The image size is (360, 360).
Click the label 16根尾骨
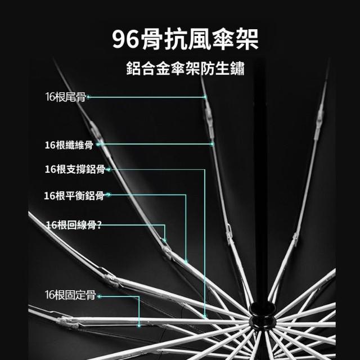coord(65,97)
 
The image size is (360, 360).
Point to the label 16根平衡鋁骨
coord(74,196)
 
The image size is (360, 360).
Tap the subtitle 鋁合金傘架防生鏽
coord(186,70)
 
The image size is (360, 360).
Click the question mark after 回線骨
coord(100,224)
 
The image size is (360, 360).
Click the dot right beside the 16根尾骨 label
coord(88,97)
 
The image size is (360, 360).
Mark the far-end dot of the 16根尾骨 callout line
coord(205,97)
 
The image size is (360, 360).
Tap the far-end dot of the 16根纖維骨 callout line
coord(212,145)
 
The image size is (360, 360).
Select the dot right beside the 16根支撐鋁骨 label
coord(106,169)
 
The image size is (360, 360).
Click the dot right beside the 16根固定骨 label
coord(97,295)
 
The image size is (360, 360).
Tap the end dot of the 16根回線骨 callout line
coord(165,241)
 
